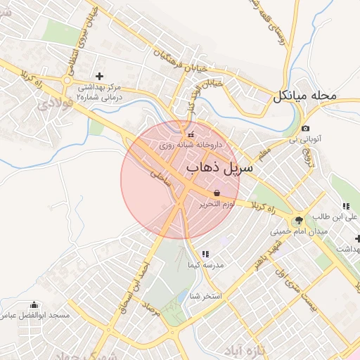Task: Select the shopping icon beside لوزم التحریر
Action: click(x=216, y=193)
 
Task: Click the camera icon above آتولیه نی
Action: click(x=305, y=129)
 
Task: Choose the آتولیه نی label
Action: click(x=304, y=139)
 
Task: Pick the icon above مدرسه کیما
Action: click(x=205, y=254)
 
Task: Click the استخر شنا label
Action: click(x=205, y=296)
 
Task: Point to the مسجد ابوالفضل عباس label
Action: click(x=34, y=316)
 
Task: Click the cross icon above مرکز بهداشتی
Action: click(x=98, y=75)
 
